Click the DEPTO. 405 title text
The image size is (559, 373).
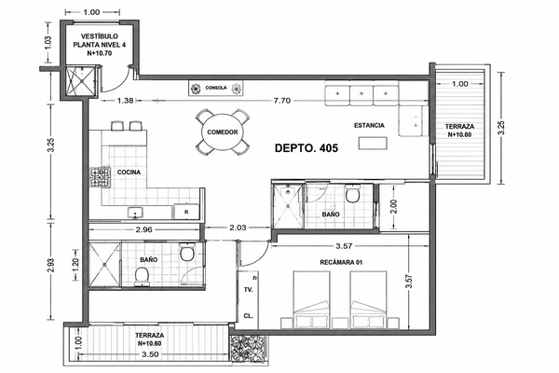(x=307, y=147)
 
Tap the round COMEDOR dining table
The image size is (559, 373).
(x=222, y=132)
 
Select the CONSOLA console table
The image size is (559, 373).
(x=216, y=88)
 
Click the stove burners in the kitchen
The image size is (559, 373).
(x=100, y=177)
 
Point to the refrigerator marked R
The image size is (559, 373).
(x=186, y=212)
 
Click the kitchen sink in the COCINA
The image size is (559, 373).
(x=135, y=213)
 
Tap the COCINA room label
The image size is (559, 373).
(x=129, y=173)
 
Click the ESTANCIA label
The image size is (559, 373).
(x=369, y=125)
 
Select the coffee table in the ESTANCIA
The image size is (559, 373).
(x=373, y=143)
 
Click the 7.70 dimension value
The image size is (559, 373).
(x=281, y=101)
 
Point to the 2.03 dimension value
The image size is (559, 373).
(x=238, y=228)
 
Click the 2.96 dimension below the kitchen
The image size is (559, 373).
(x=144, y=229)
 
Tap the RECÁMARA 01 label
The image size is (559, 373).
(x=341, y=262)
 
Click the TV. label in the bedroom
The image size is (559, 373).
(x=249, y=290)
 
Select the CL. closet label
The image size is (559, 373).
(x=249, y=316)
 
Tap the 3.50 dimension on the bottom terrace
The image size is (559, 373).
(x=150, y=354)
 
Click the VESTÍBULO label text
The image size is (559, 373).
(x=99, y=36)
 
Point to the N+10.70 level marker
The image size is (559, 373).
(x=100, y=53)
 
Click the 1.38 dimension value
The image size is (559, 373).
(x=125, y=101)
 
